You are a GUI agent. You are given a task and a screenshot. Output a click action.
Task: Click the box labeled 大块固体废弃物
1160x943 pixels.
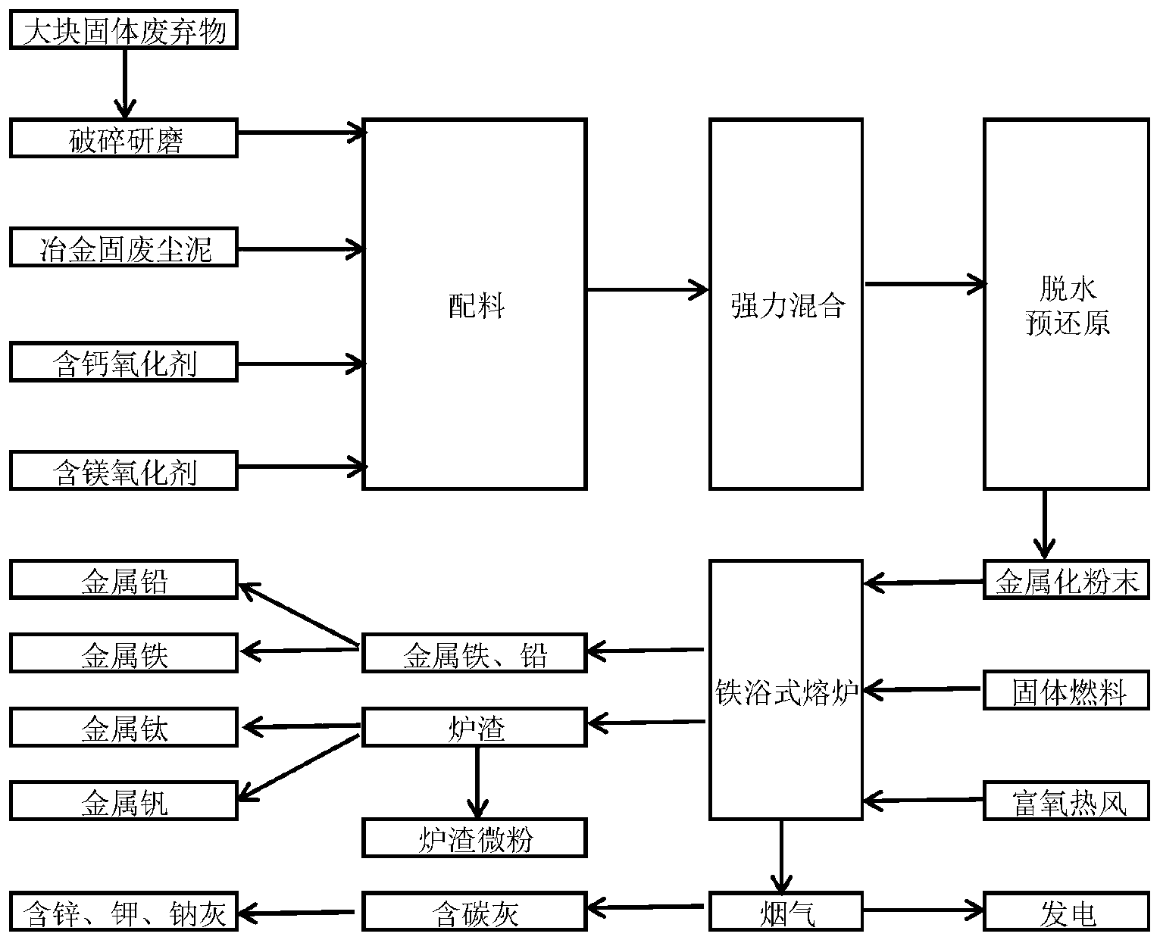click(124, 31)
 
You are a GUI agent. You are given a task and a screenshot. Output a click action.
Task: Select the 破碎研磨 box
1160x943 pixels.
click(124, 139)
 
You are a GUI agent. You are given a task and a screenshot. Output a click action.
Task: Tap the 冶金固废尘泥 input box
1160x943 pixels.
click(124, 248)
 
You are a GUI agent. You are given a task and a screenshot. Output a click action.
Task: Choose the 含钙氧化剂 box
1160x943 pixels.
click(124, 362)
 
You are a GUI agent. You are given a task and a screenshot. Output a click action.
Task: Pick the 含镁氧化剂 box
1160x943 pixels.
click(124, 470)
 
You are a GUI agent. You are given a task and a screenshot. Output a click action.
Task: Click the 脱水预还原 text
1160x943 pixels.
click(1066, 306)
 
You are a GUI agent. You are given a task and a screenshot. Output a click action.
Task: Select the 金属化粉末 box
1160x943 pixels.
click(1066, 580)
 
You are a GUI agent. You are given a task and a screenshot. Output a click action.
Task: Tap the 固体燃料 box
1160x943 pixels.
click(1066, 691)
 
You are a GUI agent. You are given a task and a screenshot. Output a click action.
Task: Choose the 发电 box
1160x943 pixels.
click(1066, 912)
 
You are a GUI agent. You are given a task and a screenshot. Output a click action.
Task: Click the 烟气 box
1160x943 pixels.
click(786, 912)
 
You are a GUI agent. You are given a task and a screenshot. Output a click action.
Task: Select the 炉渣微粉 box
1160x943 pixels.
click(475, 838)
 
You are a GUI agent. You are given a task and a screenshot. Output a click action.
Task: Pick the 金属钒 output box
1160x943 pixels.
click(124, 801)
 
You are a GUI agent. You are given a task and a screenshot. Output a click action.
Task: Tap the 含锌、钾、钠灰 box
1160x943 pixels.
click(124, 912)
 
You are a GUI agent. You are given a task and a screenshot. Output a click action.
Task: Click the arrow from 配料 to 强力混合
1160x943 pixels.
click(647, 289)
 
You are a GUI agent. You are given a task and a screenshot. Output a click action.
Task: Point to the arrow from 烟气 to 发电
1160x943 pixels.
click(922, 910)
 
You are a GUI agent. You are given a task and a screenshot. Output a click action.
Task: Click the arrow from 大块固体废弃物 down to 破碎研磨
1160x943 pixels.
click(124, 83)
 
